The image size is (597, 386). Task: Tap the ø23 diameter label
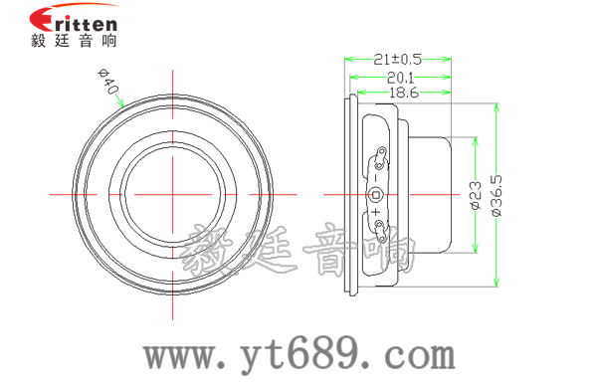coord(475,195)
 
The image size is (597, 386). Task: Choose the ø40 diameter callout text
coord(109,83)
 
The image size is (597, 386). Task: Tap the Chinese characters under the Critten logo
coord(74,42)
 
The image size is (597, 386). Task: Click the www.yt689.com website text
coord(298,353)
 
